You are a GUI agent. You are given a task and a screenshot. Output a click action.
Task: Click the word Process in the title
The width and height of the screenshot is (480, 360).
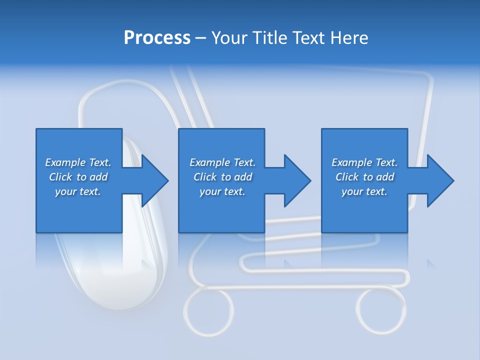(x=157, y=38)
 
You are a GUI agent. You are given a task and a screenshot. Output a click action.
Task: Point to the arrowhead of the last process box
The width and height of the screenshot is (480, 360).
(x=439, y=180)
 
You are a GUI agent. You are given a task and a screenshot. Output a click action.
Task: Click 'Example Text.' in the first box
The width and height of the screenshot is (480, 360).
(x=78, y=162)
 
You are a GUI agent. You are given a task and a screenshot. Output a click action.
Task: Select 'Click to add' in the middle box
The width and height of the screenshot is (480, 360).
(x=222, y=177)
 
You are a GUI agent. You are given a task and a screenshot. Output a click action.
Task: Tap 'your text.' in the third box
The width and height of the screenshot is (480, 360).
(x=364, y=191)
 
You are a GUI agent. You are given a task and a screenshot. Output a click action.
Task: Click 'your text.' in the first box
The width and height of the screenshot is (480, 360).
(x=78, y=191)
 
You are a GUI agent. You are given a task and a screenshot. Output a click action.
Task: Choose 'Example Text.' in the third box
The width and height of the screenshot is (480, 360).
(x=364, y=162)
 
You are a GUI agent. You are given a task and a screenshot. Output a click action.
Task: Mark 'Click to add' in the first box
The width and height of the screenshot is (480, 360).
(x=78, y=177)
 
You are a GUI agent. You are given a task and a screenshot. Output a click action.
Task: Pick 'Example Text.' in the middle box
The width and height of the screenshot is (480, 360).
(x=222, y=162)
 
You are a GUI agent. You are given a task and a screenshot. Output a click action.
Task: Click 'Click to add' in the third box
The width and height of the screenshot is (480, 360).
(x=364, y=177)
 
